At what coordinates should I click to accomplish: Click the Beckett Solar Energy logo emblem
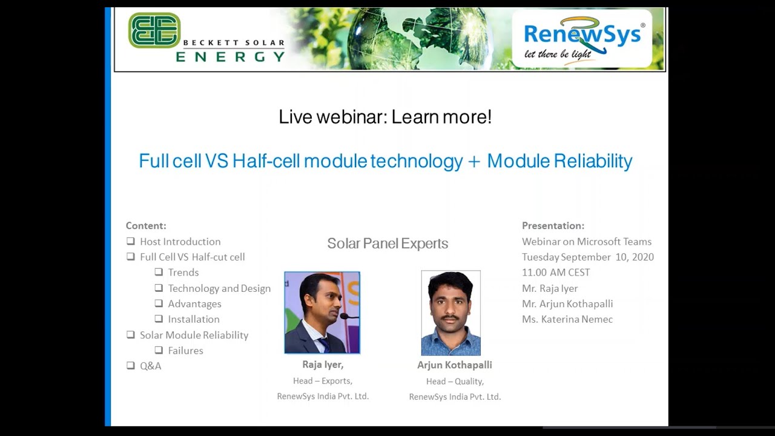pos(154,30)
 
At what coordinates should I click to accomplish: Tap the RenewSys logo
pos(582,38)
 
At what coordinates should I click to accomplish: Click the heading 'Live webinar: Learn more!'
pos(385,117)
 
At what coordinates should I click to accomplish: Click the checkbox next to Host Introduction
pos(131,241)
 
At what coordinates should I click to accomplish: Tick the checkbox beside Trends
pos(159,272)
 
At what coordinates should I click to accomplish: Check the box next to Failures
pos(159,350)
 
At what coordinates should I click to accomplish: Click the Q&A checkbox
pos(131,365)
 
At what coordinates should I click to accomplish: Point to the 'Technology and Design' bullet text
pos(219,288)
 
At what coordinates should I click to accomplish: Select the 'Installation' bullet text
pos(194,319)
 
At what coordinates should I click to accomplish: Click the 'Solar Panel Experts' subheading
pos(387,243)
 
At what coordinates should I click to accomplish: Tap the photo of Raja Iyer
pos(322,312)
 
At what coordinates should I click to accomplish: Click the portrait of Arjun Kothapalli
pos(450,313)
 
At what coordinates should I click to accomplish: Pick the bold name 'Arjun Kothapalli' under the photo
pos(454,365)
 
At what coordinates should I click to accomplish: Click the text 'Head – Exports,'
pos(323,381)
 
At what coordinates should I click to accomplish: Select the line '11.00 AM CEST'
pos(556,272)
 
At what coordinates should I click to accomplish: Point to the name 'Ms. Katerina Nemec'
pos(567,319)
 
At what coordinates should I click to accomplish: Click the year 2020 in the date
pos(641,257)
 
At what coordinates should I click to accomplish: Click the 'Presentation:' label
pos(553,226)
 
